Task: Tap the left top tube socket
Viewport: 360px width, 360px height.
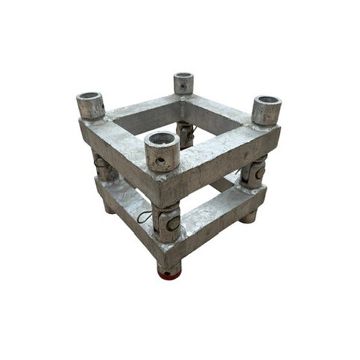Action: click(91, 106)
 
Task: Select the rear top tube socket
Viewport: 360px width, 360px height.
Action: click(184, 83)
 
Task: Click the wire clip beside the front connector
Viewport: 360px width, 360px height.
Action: click(145, 217)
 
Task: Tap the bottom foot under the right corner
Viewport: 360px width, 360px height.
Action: click(249, 216)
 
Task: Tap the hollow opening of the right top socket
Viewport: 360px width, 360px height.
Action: click(267, 102)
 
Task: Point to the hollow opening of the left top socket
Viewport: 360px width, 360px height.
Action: click(90, 97)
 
